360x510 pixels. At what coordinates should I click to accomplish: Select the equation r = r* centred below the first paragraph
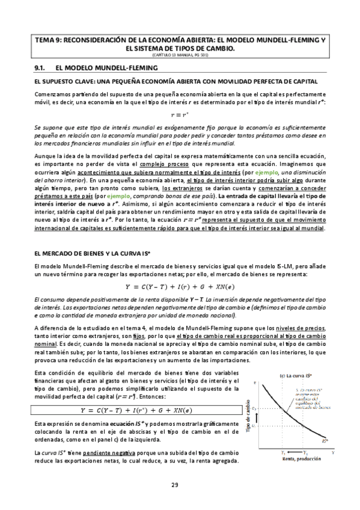point(180,114)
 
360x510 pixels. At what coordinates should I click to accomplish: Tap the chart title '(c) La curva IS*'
point(295,376)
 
